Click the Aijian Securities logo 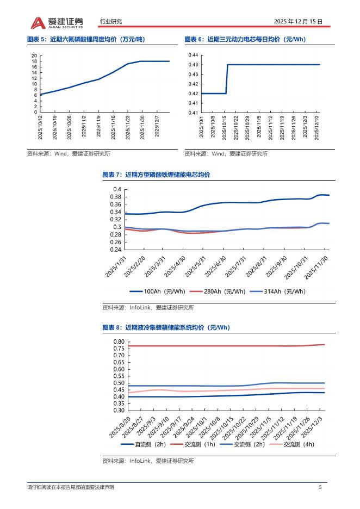tap(57, 22)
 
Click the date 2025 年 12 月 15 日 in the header tap(298, 22)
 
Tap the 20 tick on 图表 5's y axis tap(34, 56)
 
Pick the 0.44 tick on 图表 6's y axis tap(193, 55)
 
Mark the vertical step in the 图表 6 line tap(227, 79)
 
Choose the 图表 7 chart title tap(156, 175)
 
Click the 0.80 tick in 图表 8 tap(118, 342)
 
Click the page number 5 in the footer tap(320, 487)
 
